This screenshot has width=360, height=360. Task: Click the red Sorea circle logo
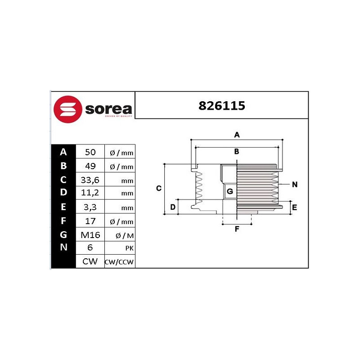tap(68, 109)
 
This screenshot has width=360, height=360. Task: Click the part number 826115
tap(222, 106)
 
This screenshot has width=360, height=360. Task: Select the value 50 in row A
tap(90, 152)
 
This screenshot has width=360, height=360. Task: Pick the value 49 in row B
tap(90, 166)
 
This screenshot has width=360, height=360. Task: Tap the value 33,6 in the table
tap(90, 180)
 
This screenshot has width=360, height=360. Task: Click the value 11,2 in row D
tap(90, 193)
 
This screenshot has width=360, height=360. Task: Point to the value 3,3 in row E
tap(90, 207)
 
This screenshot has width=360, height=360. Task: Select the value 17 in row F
tap(90, 221)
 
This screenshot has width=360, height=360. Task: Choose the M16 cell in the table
tap(90, 235)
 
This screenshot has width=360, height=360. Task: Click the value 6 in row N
tap(90, 247)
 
